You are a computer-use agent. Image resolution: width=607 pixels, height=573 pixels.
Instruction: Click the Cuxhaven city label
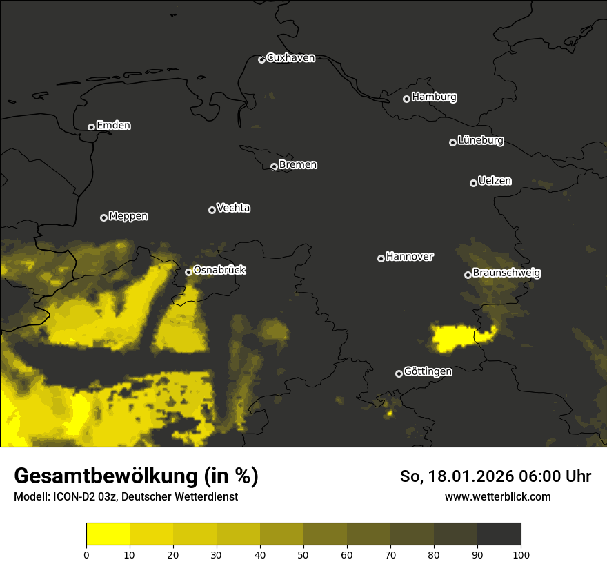coord(290,58)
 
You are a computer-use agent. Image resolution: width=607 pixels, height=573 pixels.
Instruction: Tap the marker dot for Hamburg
coord(406,99)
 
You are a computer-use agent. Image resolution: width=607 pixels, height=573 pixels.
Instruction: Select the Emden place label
coord(113,126)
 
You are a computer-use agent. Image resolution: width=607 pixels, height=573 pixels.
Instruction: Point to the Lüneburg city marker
coord(452,142)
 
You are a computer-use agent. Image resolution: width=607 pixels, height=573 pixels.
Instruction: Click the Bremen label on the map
coord(298,165)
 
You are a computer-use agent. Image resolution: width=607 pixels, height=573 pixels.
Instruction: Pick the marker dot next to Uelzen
coord(473,183)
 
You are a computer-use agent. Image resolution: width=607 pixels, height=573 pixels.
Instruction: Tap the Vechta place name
coord(233,208)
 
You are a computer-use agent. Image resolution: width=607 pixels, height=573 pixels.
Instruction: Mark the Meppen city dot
coord(103,217)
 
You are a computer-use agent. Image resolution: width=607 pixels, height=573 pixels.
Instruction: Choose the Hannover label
coord(409,257)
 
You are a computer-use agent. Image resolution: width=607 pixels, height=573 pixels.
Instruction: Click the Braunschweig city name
coord(506,273)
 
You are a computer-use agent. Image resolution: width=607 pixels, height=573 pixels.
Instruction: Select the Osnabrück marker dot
coord(188,272)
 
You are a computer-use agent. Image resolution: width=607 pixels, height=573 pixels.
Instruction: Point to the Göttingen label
coord(428,372)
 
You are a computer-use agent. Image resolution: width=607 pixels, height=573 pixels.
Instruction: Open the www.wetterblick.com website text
coord(497,496)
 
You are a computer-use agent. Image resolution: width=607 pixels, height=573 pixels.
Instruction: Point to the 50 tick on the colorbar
coord(303,554)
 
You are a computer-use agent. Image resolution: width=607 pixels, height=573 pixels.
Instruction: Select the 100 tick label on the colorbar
coord(521,554)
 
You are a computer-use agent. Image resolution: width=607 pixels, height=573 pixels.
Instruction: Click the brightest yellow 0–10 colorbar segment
coord(108,534)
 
